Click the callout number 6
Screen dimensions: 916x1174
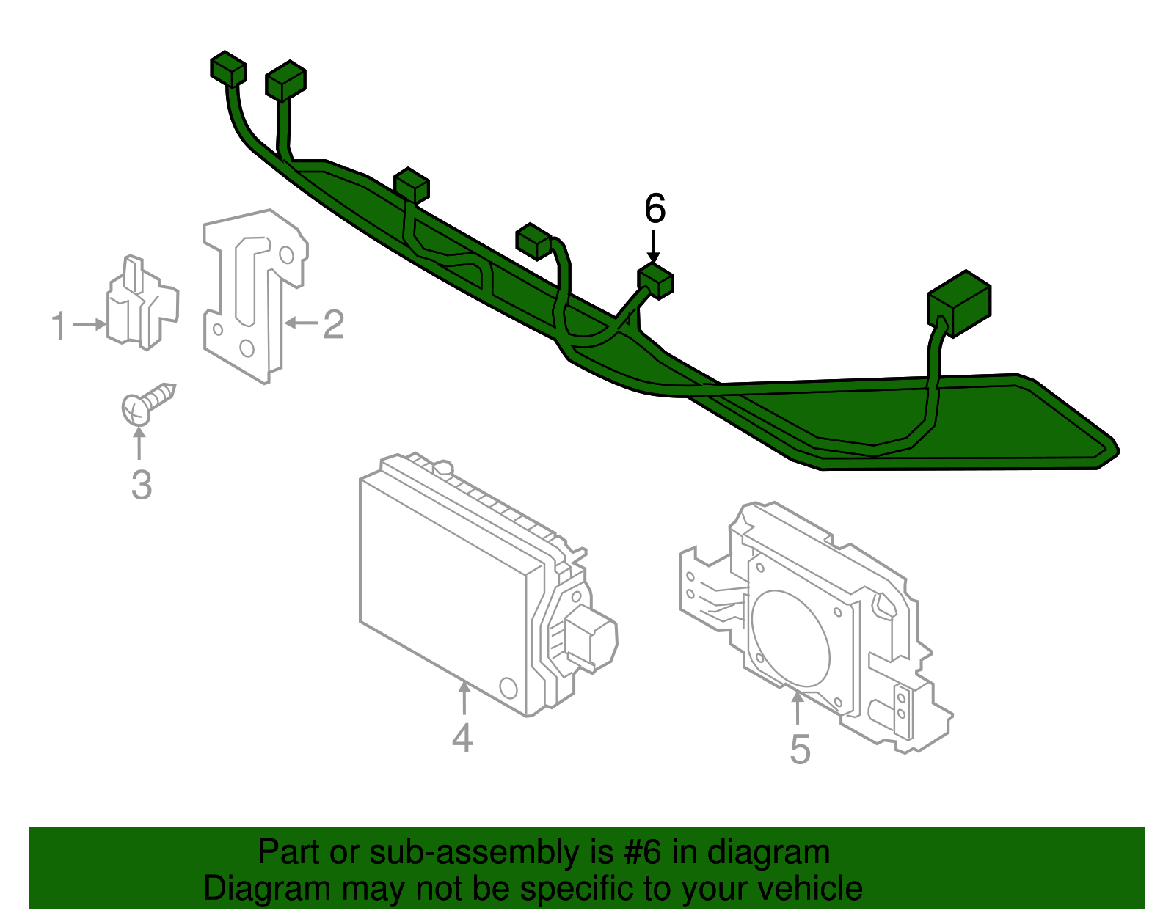655,209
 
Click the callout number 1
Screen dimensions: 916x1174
59,326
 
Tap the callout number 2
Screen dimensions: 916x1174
333,323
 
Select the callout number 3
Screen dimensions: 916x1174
141,485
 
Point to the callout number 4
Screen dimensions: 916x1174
462,738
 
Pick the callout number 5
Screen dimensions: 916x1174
800,750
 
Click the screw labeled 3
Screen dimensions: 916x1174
146,403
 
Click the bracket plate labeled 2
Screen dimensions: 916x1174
253,293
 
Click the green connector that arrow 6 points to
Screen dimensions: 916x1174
655,282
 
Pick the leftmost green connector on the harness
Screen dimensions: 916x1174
228,69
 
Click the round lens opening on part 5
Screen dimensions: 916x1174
791,638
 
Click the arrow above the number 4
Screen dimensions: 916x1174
464,697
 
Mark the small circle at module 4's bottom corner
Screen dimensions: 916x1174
508,687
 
